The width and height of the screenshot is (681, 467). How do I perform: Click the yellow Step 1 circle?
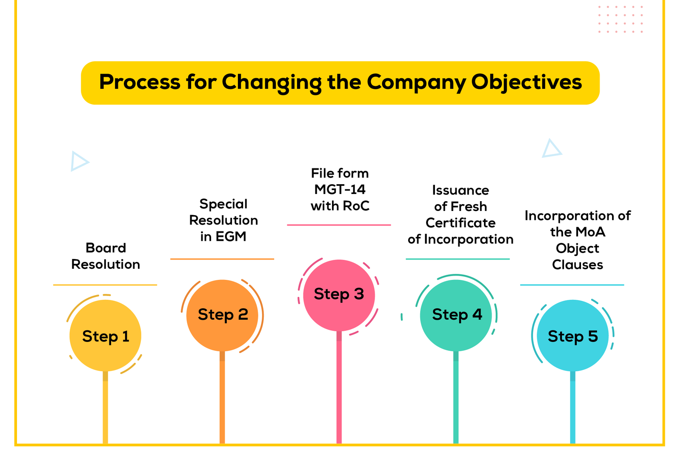[x=105, y=336]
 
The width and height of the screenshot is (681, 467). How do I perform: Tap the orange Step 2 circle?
[x=222, y=316]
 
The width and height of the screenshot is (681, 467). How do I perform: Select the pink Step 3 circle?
[x=339, y=295]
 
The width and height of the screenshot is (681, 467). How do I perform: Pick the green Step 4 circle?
[x=456, y=316]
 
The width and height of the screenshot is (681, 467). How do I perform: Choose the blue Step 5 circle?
[x=573, y=336]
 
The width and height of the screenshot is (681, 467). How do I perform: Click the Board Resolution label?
[x=106, y=256]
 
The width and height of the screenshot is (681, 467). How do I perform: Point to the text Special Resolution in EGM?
[x=223, y=220]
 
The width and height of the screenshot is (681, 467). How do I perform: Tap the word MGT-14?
[x=340, y=190]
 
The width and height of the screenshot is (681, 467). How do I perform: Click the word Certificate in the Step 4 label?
[x=461, y=223]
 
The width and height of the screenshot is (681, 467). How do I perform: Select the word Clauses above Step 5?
[x=578, y=265]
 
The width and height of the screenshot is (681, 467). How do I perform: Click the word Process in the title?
[x=140, y=82]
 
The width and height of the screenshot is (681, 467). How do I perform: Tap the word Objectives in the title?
[x=526, y=83]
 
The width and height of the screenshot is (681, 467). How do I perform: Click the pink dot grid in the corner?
[x=621, y=19]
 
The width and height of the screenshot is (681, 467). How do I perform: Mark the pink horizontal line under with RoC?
[x=339, y=225]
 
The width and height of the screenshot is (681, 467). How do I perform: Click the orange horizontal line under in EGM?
[x=222, y=259]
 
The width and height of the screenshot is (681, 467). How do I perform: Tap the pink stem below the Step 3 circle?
[x=339, y=387]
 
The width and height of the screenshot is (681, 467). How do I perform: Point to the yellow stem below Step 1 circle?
[x=105, y=407]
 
